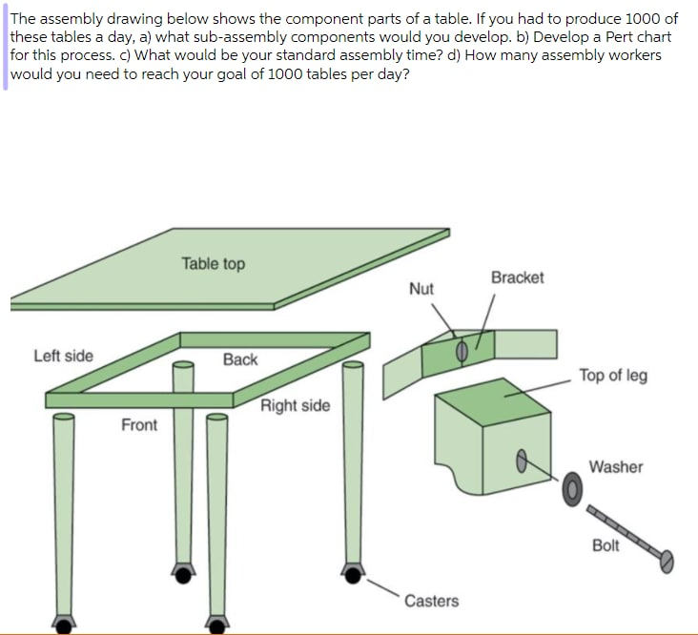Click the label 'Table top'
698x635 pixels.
click(x=213, y=263)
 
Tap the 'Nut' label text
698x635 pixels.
click(x=421, y=288)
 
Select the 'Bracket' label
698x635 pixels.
click(x=517, y=277)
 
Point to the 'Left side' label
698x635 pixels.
click(x=63, y=356)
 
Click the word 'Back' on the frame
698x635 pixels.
click(x=240, y=359)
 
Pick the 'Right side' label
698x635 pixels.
click(x=295, y=405)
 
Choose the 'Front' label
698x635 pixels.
click(x=139, y=424)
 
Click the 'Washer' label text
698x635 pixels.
click(x=615, y=466)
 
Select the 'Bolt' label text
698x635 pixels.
click(x=606, y=545)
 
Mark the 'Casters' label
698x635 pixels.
click(x=431, y=601)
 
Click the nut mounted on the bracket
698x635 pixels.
click(x=461, y=351)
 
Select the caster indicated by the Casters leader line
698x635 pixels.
click(x=352, y=573)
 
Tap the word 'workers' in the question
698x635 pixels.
click(x=632, y=55)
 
